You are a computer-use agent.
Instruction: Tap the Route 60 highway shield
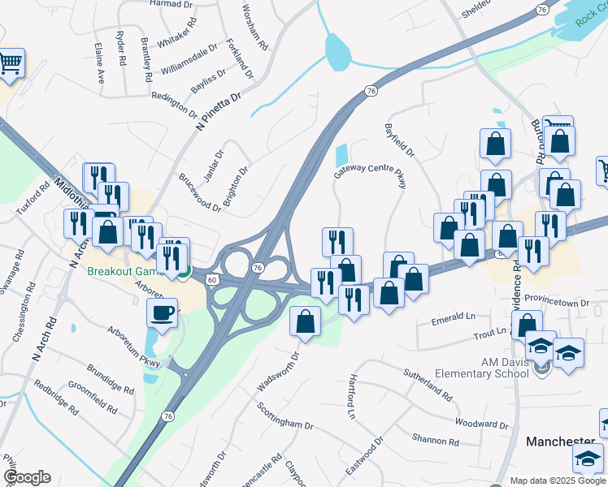pyautogui.click(x=211, y=279)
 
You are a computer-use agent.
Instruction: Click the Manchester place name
pyautogui.click(x=561, y=441)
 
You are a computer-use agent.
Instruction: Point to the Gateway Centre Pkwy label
pyautogui.click(x=369, y=173)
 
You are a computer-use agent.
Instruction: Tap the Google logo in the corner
pyautogui.click(x=26, y=478)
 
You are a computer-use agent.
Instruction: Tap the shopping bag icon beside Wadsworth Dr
pyautogui.click(x=305, y=321)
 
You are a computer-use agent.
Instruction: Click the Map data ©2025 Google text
pyautogui.click(x=558, y=481)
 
